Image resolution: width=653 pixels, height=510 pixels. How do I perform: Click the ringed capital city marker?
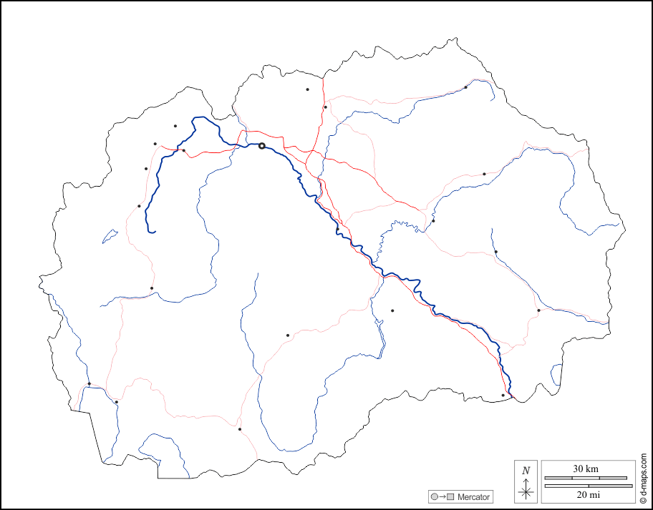(262, 146)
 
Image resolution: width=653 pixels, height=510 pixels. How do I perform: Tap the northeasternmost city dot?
(465, 87)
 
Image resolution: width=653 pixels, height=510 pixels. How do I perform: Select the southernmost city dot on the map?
(240, 429)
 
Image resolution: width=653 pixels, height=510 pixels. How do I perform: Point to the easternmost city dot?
(538, 310)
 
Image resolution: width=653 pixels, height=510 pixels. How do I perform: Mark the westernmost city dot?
(89, 384)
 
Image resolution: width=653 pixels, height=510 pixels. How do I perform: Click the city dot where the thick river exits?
(503, 395)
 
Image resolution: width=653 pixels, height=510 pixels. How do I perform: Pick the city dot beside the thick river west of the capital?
(184, 150)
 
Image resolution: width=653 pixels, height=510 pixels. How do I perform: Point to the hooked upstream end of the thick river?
(153, 232)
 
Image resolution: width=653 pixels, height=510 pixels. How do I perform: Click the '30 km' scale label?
(586, 469)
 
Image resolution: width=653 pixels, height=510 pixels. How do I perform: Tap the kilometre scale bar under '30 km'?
(586, 477)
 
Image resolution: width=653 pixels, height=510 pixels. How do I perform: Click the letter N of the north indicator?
(526, 471)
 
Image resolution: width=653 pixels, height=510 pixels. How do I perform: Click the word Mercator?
(473, 496)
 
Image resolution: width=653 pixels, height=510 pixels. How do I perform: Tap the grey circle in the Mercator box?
(435, 496)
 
